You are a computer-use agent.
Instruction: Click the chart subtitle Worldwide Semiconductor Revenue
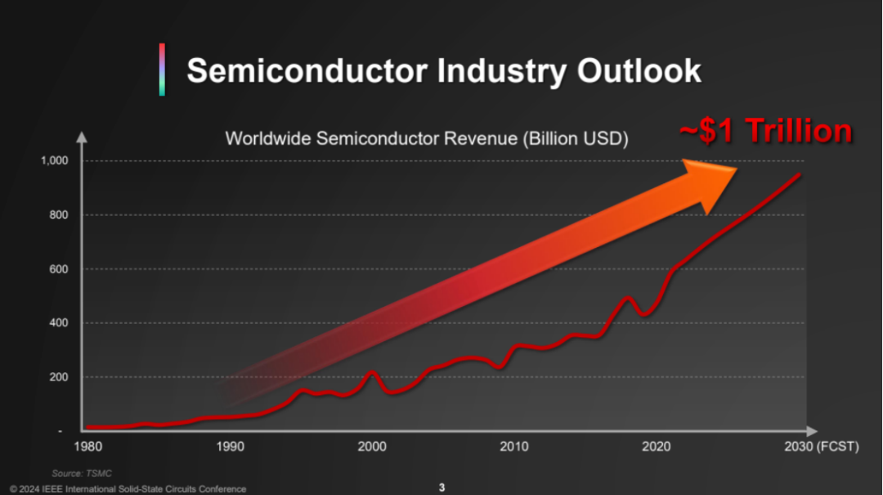pyautogui.click(x=426, y=138)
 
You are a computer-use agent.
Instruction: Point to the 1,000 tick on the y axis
pyautogui.click(x=55, y=160)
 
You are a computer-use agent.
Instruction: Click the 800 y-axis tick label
pyautogui.click(x=60, y=214)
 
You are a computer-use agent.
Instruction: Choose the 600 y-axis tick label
pyautogui.click(x=60, y=268)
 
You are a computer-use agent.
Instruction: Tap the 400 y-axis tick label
pyautogui.click(x=60, y=322)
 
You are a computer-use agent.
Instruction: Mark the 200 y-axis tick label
pyautogui.click(x=60, y=376)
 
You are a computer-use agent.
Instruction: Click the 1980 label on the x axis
pyautogui.click(x=87, y=447)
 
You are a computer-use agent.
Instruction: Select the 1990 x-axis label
pyautogui.click(x=231, y=447)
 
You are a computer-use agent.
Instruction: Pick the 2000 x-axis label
pyautogui.click(x=372, y=447)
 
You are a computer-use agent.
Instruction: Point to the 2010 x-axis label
pyautogui.click(x=514, y=447)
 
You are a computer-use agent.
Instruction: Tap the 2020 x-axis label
pyautogui.click(x=657, y=447)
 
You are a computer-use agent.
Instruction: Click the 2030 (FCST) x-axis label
pyautogui.click(x=821, y=447)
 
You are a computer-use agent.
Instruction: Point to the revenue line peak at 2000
pyautogui.click(x=372, y=373)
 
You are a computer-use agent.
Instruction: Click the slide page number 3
pyautogui.click(x=441, y=488)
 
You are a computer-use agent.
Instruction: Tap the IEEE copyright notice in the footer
pyautogui.click(x=128, y=489)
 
